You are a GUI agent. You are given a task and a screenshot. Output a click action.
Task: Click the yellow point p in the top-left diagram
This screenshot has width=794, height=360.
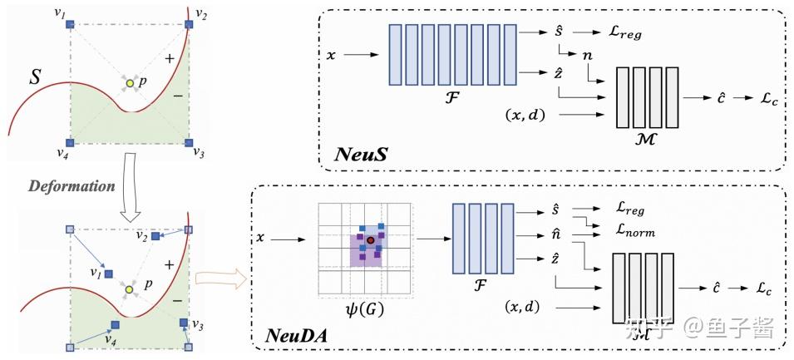(x=131, y=83)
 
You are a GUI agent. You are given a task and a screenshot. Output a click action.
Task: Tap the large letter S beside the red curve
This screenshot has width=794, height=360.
(x=35, y=77)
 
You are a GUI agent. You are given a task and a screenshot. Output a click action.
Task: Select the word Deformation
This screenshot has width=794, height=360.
(x=71, y=186)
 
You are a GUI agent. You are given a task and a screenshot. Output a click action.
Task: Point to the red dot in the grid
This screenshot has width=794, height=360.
(x=371, y=239)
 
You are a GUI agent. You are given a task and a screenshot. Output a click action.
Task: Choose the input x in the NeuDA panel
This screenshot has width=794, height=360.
(x=260, y=238)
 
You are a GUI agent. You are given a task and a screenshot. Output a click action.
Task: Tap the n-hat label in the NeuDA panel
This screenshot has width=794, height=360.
(x=555, y=235)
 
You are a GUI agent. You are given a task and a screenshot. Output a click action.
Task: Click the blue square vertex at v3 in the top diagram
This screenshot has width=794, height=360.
(x=189, y=142)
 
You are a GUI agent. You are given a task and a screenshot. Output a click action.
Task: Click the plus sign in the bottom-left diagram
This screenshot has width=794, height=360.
(x=170, y=264)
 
